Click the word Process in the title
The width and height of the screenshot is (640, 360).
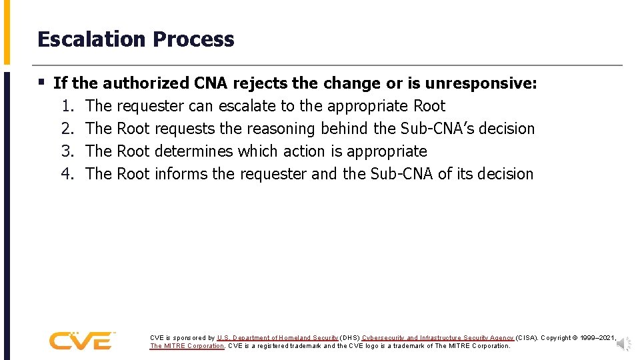193,39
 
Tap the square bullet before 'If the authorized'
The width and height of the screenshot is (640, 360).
42,83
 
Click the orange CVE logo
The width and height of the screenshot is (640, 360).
82,341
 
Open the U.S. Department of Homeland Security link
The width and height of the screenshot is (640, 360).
277,338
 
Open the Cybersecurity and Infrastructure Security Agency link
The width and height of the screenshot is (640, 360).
437,338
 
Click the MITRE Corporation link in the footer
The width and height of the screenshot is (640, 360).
187,346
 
